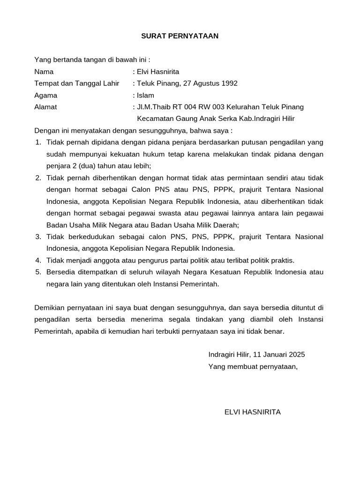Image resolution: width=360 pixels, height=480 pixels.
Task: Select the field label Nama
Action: coord(44,72)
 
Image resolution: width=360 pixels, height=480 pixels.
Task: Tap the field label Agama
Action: coord(45,95)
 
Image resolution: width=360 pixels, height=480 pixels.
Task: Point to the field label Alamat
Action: coord(45,107)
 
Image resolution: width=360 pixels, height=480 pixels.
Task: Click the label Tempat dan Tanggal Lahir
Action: coord(76,83)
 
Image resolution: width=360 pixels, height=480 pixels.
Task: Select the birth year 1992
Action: coord(229,83)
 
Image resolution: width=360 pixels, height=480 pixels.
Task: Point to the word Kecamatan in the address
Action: coord(153,119)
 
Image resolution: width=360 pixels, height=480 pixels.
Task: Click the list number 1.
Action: coord(38,142)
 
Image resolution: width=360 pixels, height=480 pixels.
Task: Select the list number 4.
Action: coord(38,260)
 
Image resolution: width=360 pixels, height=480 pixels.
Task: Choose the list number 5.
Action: coord(38,272)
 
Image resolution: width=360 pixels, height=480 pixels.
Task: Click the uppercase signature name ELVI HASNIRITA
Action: coord(253,412)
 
